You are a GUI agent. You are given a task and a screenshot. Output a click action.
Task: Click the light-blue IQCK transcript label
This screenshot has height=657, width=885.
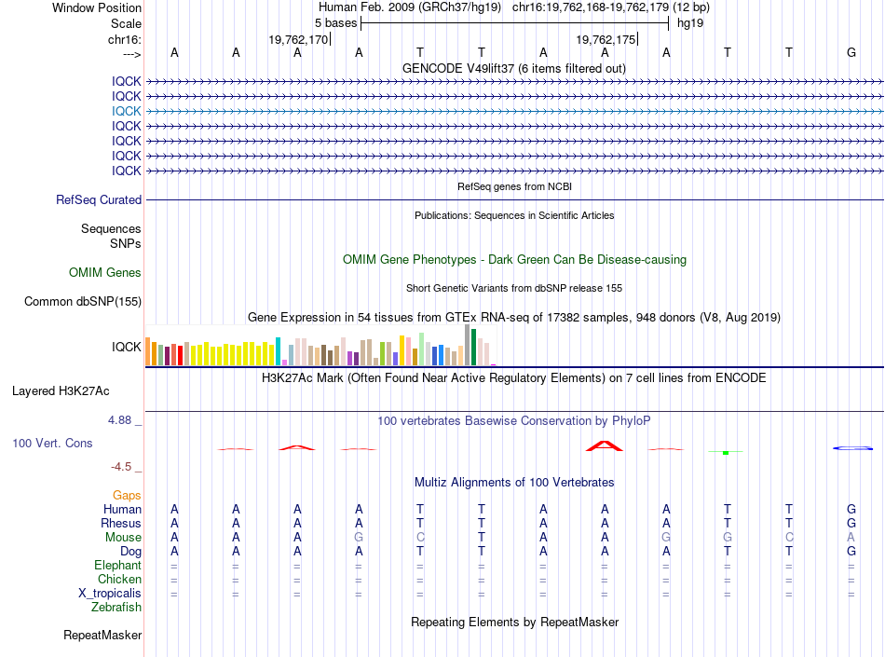(126, 111)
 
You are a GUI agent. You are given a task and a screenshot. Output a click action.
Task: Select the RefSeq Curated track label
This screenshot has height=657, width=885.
(99, 199)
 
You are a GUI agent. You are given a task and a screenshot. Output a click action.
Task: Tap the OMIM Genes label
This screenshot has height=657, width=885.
(105, 273)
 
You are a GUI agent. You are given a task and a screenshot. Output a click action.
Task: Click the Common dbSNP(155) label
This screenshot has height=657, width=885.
(82, 301)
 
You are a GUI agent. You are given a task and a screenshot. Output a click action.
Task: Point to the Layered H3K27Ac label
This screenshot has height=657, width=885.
(61, 391)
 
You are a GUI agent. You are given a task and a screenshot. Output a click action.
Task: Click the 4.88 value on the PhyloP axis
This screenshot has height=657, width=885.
(119, 420)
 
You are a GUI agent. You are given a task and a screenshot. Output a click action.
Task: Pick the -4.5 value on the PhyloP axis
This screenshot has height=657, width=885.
(121, 467)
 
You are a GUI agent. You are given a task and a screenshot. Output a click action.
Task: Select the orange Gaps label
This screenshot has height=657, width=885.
(127, 495)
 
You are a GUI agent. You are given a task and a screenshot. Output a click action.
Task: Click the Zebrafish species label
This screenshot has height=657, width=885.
(116, 608)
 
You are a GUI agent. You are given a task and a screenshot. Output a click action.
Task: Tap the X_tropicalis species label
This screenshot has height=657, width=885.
(110, 594)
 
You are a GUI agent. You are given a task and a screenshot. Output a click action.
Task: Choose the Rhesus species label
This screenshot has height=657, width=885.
(121, 523)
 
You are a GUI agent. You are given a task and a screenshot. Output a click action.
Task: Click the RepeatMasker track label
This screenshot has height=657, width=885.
(102, 635)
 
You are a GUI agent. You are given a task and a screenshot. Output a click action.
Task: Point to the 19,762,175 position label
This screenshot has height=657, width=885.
(606, 39)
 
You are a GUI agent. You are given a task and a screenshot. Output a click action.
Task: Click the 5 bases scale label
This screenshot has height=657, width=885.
(335, 23)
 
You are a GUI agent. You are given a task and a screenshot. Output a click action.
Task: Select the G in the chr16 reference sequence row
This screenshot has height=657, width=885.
(851, 52)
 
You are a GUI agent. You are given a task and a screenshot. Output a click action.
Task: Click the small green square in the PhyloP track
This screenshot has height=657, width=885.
(726, 453)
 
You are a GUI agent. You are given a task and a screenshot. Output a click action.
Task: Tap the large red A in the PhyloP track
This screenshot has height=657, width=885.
(605, 445)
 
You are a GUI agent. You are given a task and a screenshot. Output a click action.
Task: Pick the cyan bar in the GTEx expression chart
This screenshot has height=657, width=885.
(278, 351)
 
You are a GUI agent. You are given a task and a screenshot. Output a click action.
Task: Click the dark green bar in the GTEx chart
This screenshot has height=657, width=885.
(473, 347)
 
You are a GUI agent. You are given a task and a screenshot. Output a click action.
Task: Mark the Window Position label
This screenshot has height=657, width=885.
(97, 7)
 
